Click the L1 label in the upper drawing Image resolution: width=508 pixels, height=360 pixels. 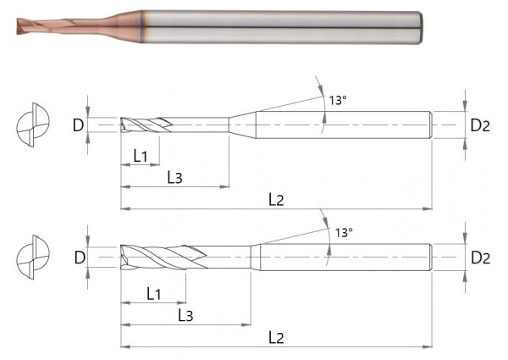(141, 155)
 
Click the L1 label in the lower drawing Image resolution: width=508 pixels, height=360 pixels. (153, 293)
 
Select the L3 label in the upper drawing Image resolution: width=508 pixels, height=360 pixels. (174, 177)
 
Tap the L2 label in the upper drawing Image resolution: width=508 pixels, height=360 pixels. (276, 199)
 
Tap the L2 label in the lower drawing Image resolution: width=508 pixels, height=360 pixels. (276, 337)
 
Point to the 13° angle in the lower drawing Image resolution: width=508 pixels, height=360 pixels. (344, 231)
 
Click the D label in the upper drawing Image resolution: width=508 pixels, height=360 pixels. (78, 125)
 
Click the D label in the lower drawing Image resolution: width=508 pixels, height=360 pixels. (78, 257)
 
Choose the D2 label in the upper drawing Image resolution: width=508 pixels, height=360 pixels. (480, 125)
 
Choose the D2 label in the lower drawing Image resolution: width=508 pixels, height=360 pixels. (480, 257)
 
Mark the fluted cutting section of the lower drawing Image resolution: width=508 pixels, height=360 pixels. (161, 255)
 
